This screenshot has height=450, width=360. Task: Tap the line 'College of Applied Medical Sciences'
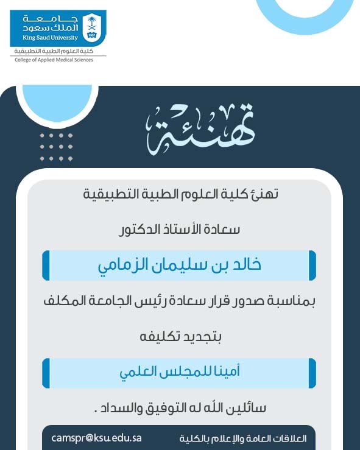coord(54,60)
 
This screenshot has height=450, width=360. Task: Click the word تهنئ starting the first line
coord(266,195)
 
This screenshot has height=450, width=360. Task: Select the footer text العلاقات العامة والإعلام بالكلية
coord(243,438)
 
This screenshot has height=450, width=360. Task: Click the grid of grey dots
coord(57,146)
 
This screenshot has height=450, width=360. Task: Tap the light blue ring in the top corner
coord(302,15)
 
